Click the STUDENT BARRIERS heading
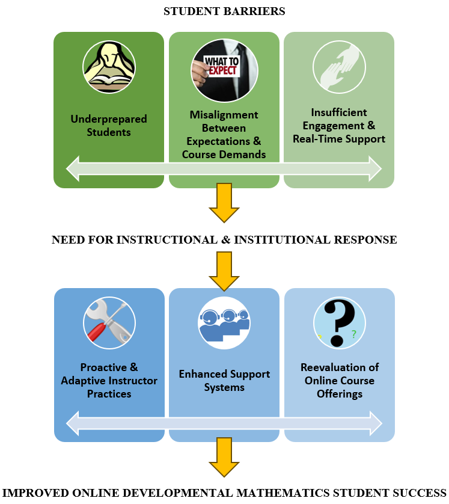point(224,11)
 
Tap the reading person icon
point(109,67)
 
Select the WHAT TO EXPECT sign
point(222,66)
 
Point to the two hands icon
point(339,67)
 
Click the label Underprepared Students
point(109,126)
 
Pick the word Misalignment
point(224,115)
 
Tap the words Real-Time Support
point(339,139)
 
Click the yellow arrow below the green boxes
point(224,203)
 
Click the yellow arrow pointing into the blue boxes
point(224,271)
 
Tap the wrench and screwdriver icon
point(109,323)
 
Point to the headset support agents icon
point(224,323)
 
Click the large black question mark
point(339,323)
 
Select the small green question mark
point(354,334)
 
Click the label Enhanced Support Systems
point(224,381)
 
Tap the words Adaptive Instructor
point(109,381)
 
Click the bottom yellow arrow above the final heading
point(224,457)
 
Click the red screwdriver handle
point(97,333)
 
